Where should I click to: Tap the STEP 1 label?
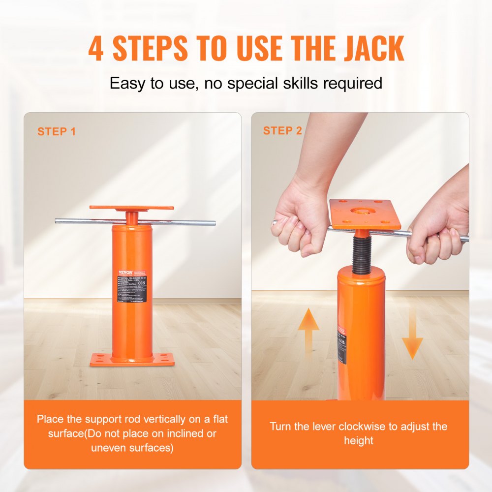[57, 132]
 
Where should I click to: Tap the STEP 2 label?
[282, 131]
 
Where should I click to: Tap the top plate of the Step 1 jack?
[132, 208]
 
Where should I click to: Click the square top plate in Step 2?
[365, 214]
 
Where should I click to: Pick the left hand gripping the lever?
[298, 224]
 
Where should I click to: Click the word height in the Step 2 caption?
[359, 440]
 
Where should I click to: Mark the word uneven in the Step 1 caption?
[107, 447]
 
